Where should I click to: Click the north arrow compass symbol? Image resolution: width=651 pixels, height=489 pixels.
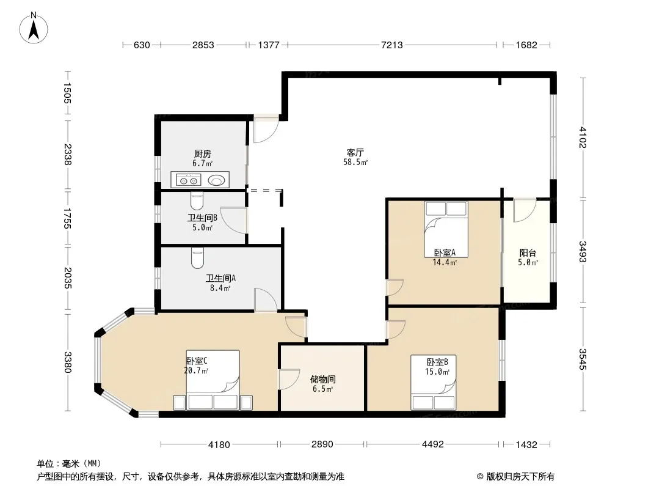[x=34, y=28]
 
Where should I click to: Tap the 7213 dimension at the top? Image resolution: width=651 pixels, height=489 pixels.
[x=392, y=45]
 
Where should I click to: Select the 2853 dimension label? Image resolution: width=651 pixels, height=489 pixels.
[x=203, y=45]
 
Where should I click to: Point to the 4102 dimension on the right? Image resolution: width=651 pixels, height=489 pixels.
[x=583, y=137]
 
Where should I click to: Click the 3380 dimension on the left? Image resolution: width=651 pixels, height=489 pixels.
[x=68, y=362]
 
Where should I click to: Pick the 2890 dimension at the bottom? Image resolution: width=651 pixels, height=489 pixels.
[x=322, y=444]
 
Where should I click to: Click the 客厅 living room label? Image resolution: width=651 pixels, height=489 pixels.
[x=355, y=152]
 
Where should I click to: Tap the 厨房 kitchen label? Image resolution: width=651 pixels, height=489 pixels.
[x=203, y=153]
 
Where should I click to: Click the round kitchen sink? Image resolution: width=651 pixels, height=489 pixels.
[x=217, y=180]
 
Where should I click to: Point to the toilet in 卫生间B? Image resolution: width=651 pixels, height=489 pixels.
[x=197, y=201]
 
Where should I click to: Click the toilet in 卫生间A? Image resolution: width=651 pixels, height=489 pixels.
[x=198, y=258]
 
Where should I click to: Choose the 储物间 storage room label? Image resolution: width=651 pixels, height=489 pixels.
[x=322, y=379]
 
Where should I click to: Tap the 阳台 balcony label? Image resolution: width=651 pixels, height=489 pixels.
[x=528, y=252]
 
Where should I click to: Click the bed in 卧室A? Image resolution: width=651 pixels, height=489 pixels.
[x=446, y=230]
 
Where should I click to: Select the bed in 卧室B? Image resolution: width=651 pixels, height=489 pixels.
[x=434, y=382]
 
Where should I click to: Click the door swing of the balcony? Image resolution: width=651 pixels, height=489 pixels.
[x=525, y=211]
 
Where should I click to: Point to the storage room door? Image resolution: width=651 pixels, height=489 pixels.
[x=289, y=379]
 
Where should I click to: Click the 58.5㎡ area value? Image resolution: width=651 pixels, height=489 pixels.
[x=355, y=163]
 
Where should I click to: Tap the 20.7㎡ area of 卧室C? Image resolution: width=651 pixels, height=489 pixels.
[x=197, y=370]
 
